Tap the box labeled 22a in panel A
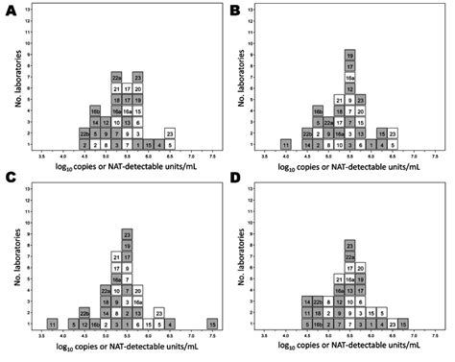[116, 78]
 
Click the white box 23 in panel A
[170, 133]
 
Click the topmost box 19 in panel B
[350, 56]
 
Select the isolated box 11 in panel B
[286, 144]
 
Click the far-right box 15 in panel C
[212, 325]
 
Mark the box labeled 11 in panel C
[52, 325]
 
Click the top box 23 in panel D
[350, 245]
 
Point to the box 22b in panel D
[319, 302]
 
